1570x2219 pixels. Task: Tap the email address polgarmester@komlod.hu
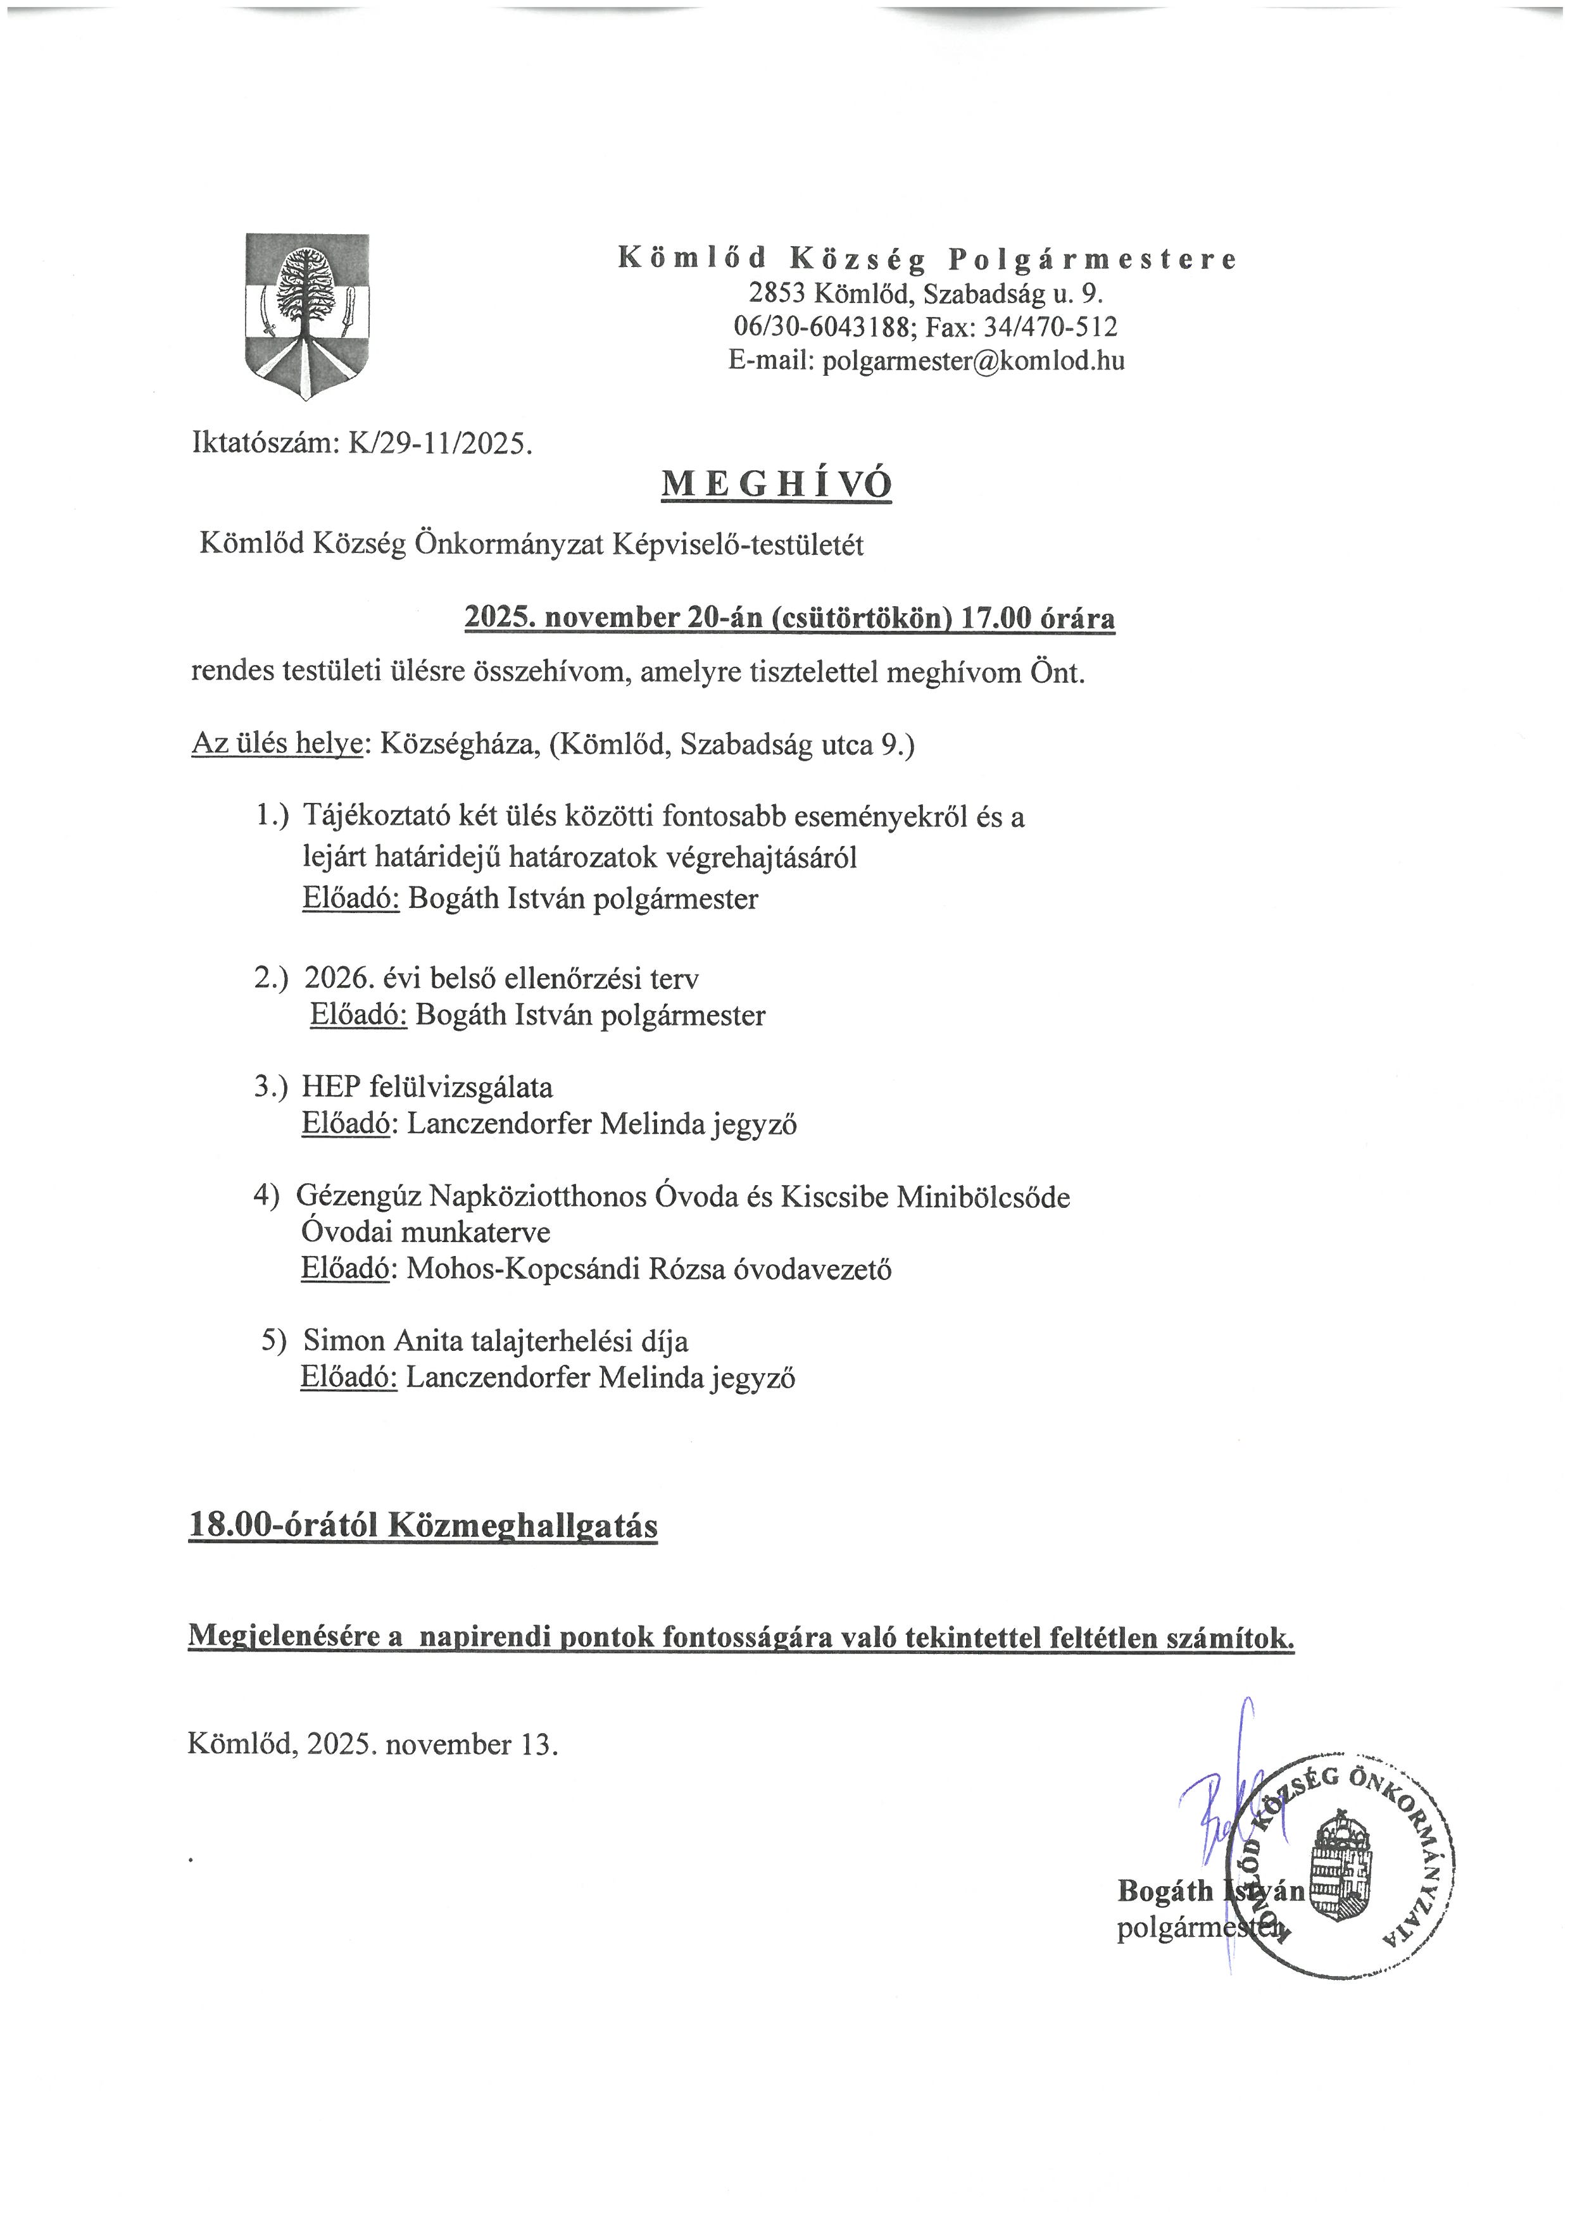tap(972, 361)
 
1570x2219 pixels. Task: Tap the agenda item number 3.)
tap(271, 1086)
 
